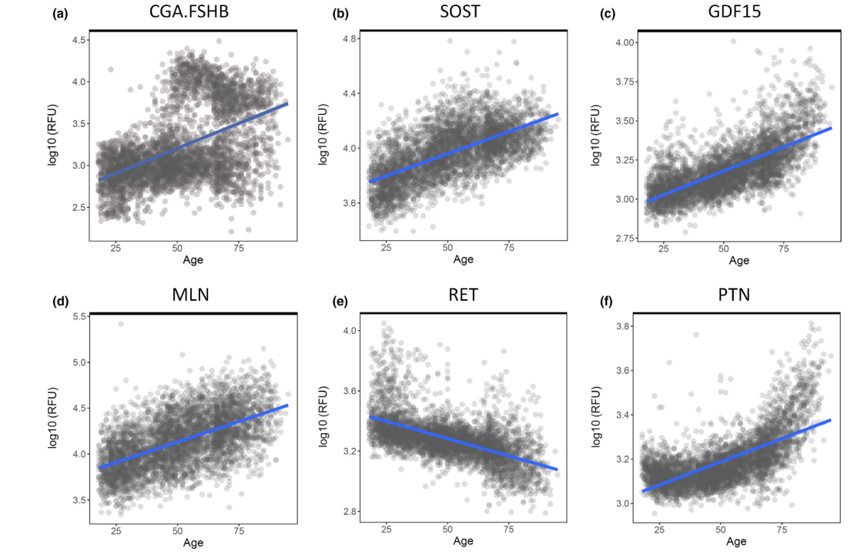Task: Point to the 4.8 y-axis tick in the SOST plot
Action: tap(349, 39)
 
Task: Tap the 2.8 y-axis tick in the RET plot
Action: tap(349, 512)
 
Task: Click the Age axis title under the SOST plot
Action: tap(463, 260)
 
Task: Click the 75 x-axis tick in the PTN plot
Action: tap(783, 530)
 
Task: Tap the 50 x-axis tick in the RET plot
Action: tap(447, 530)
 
